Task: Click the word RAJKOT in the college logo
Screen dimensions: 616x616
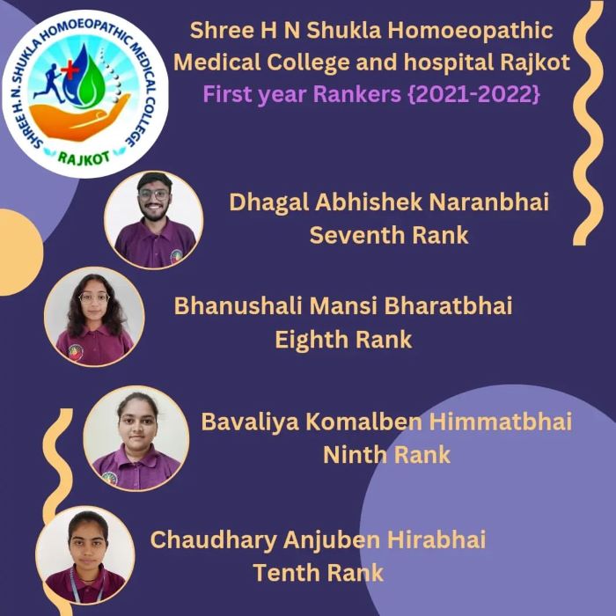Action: pyautogui.click(x=84, y=158)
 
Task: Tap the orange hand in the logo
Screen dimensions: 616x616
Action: pyautogui.click(x=78, y=117)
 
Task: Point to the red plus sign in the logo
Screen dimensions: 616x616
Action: pyautogui.click(x=70, y=71)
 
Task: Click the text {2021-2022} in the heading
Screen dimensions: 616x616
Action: pyautogui.click(x=474, y=94)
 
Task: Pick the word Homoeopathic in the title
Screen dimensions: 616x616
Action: pyautogui.click(x=470, y=31)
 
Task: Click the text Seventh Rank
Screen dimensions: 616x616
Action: pyautogui.click(x=389, y=235)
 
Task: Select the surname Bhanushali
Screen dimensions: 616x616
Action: pyautogui.click(x=238, y=305)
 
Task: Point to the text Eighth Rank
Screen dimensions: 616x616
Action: pyautogui.click(x=343, y=340)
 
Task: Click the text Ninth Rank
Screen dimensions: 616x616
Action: pyautogui.click(x=386, y=455)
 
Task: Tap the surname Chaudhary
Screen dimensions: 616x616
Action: pyautogui.click(x=214, y=539)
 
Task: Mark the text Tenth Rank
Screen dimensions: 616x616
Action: pyautogui.click(x=319, y=572)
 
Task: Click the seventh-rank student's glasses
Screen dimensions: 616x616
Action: pyautogui.click(x=154, y=194)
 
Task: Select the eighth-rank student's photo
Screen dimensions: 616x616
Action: pyautogui.click(x=94, y=317)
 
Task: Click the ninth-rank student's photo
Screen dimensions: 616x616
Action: pyautogui.click(x=136, y=438)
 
